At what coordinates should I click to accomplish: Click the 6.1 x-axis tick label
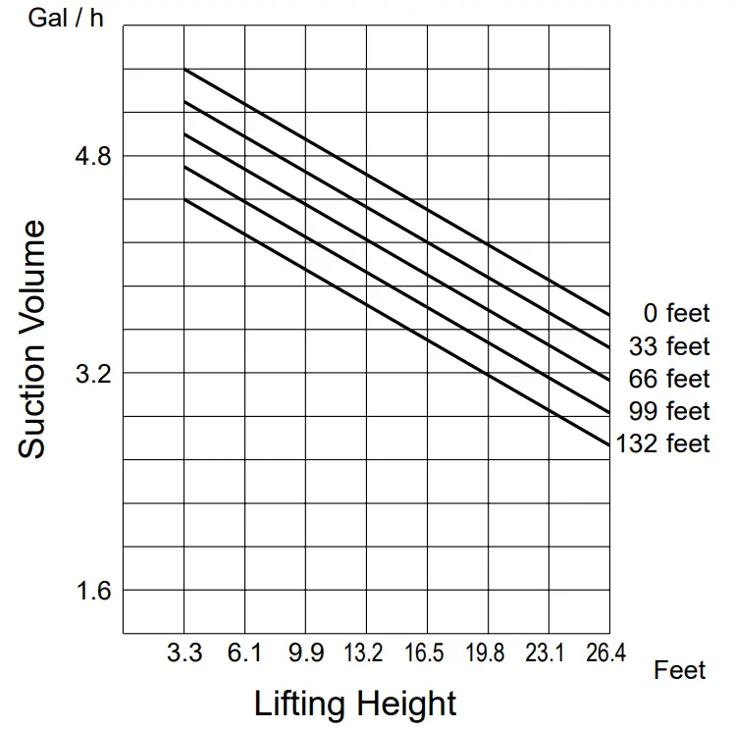pyautogui.click(x=244, y=653)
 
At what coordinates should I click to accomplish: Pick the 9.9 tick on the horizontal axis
pyautogui.click(x=305, y=653)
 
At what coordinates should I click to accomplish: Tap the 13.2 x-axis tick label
pyautogui.click(x=366, y=653)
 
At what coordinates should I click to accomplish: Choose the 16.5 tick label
pyautogui.click(x=427, y=653)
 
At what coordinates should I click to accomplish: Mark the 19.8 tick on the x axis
pyautogui.click(x=488, y=653)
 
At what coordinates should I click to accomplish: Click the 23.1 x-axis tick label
pyautogui.click(x=548, y=653)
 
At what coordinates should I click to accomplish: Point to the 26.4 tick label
pyautogui.click(x=606, y=653)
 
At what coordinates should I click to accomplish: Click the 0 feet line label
pyautogui.click(x=676, y=314)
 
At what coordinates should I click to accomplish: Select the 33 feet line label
pyautogui.click(x=669, y=346)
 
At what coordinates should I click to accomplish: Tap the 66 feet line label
pyautogui.click(x=669, y=379)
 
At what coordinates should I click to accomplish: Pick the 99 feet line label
pyautogui.click(x=669, y=411)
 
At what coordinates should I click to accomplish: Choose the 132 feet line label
pyautogui.click(x=662, y=443)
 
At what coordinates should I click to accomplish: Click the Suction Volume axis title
pyautogui.click(x=32, y=339)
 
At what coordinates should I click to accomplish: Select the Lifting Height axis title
pyautogui.click(x=355, y=703)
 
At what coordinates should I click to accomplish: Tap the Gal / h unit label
pyautogui.click(x=67, y=19)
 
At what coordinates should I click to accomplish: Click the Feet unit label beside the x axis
pyautogui.click(x=680, y=670)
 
